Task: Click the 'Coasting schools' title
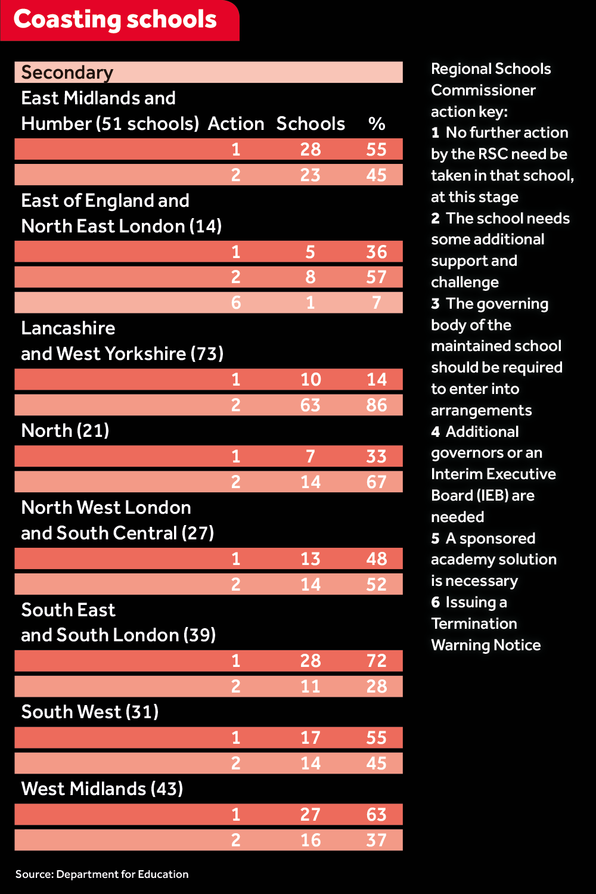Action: point(115,20)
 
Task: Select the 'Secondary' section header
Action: point(67,73)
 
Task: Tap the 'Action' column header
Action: point(236,124)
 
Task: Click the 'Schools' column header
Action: point(311,124)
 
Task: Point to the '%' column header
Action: point(377,124)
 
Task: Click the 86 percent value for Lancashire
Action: point(377,405)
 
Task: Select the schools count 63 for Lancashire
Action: point(311,405)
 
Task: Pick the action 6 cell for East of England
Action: point(236,303)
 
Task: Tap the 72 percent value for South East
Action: point(377,661)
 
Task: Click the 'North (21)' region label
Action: point(65,431)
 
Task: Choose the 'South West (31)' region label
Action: point(90,712)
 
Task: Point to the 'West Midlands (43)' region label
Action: point(102,789)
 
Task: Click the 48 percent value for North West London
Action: point(377,559)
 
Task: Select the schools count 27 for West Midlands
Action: point(311,815)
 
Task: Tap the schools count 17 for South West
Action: point(311,738)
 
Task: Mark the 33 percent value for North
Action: point(377,457)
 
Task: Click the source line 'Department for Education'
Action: point(122,874)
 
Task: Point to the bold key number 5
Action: point(435,539)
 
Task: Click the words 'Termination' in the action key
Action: point(474,624)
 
